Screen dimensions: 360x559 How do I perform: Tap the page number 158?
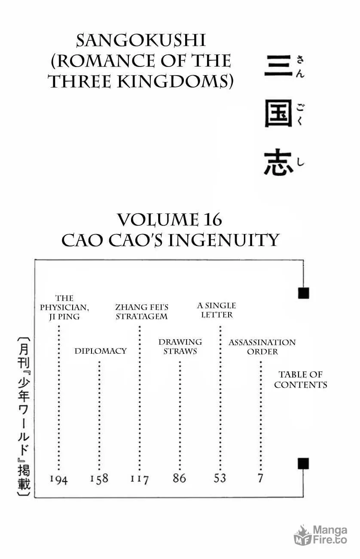click(x=99, y=479)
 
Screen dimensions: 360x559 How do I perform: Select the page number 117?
click(x=140, y=479)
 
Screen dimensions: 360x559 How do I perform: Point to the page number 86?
click(x=179, y=478)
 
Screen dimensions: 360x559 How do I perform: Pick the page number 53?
click(x=220, y=478)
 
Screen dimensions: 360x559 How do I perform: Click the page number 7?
click(x=260, y=478)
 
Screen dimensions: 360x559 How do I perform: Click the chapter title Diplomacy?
click(x=101, y=351)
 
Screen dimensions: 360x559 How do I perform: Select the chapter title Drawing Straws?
click(x=180, y=346)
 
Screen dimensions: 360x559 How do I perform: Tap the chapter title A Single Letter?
click(x=217, y=310)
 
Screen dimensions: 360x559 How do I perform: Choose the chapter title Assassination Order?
click(x=262, y=347)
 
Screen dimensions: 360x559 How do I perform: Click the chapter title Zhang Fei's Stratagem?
click(x=142, y=312)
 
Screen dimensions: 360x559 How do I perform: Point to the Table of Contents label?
click(x=301, y=380)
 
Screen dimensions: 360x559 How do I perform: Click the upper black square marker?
click(x=304, y=293)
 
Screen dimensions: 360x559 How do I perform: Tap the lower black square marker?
click(x=303, y=463)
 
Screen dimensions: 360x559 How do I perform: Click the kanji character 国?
click(x=278, y=113)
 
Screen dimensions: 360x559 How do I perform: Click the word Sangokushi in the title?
click(x=141, y=40)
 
